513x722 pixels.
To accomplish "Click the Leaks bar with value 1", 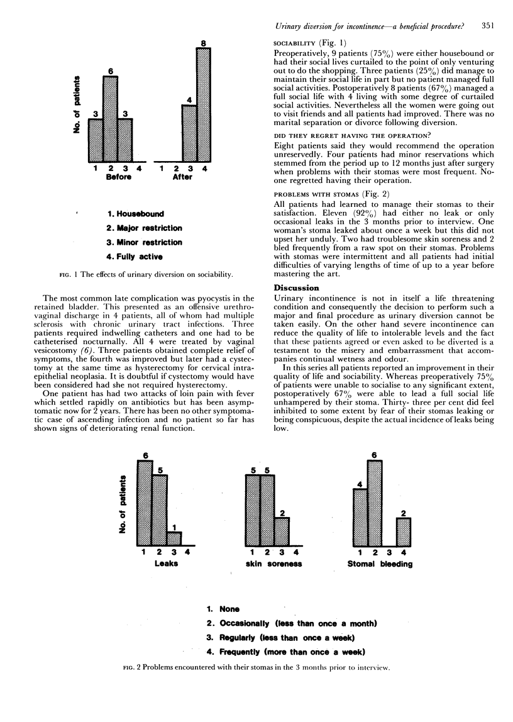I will [174, 538].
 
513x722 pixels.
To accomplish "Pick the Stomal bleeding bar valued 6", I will [375, 503].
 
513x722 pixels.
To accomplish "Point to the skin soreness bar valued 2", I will [282, 531].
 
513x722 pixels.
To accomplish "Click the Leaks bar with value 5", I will [160, 510].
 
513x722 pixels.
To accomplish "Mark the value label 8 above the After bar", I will [201, 43].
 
